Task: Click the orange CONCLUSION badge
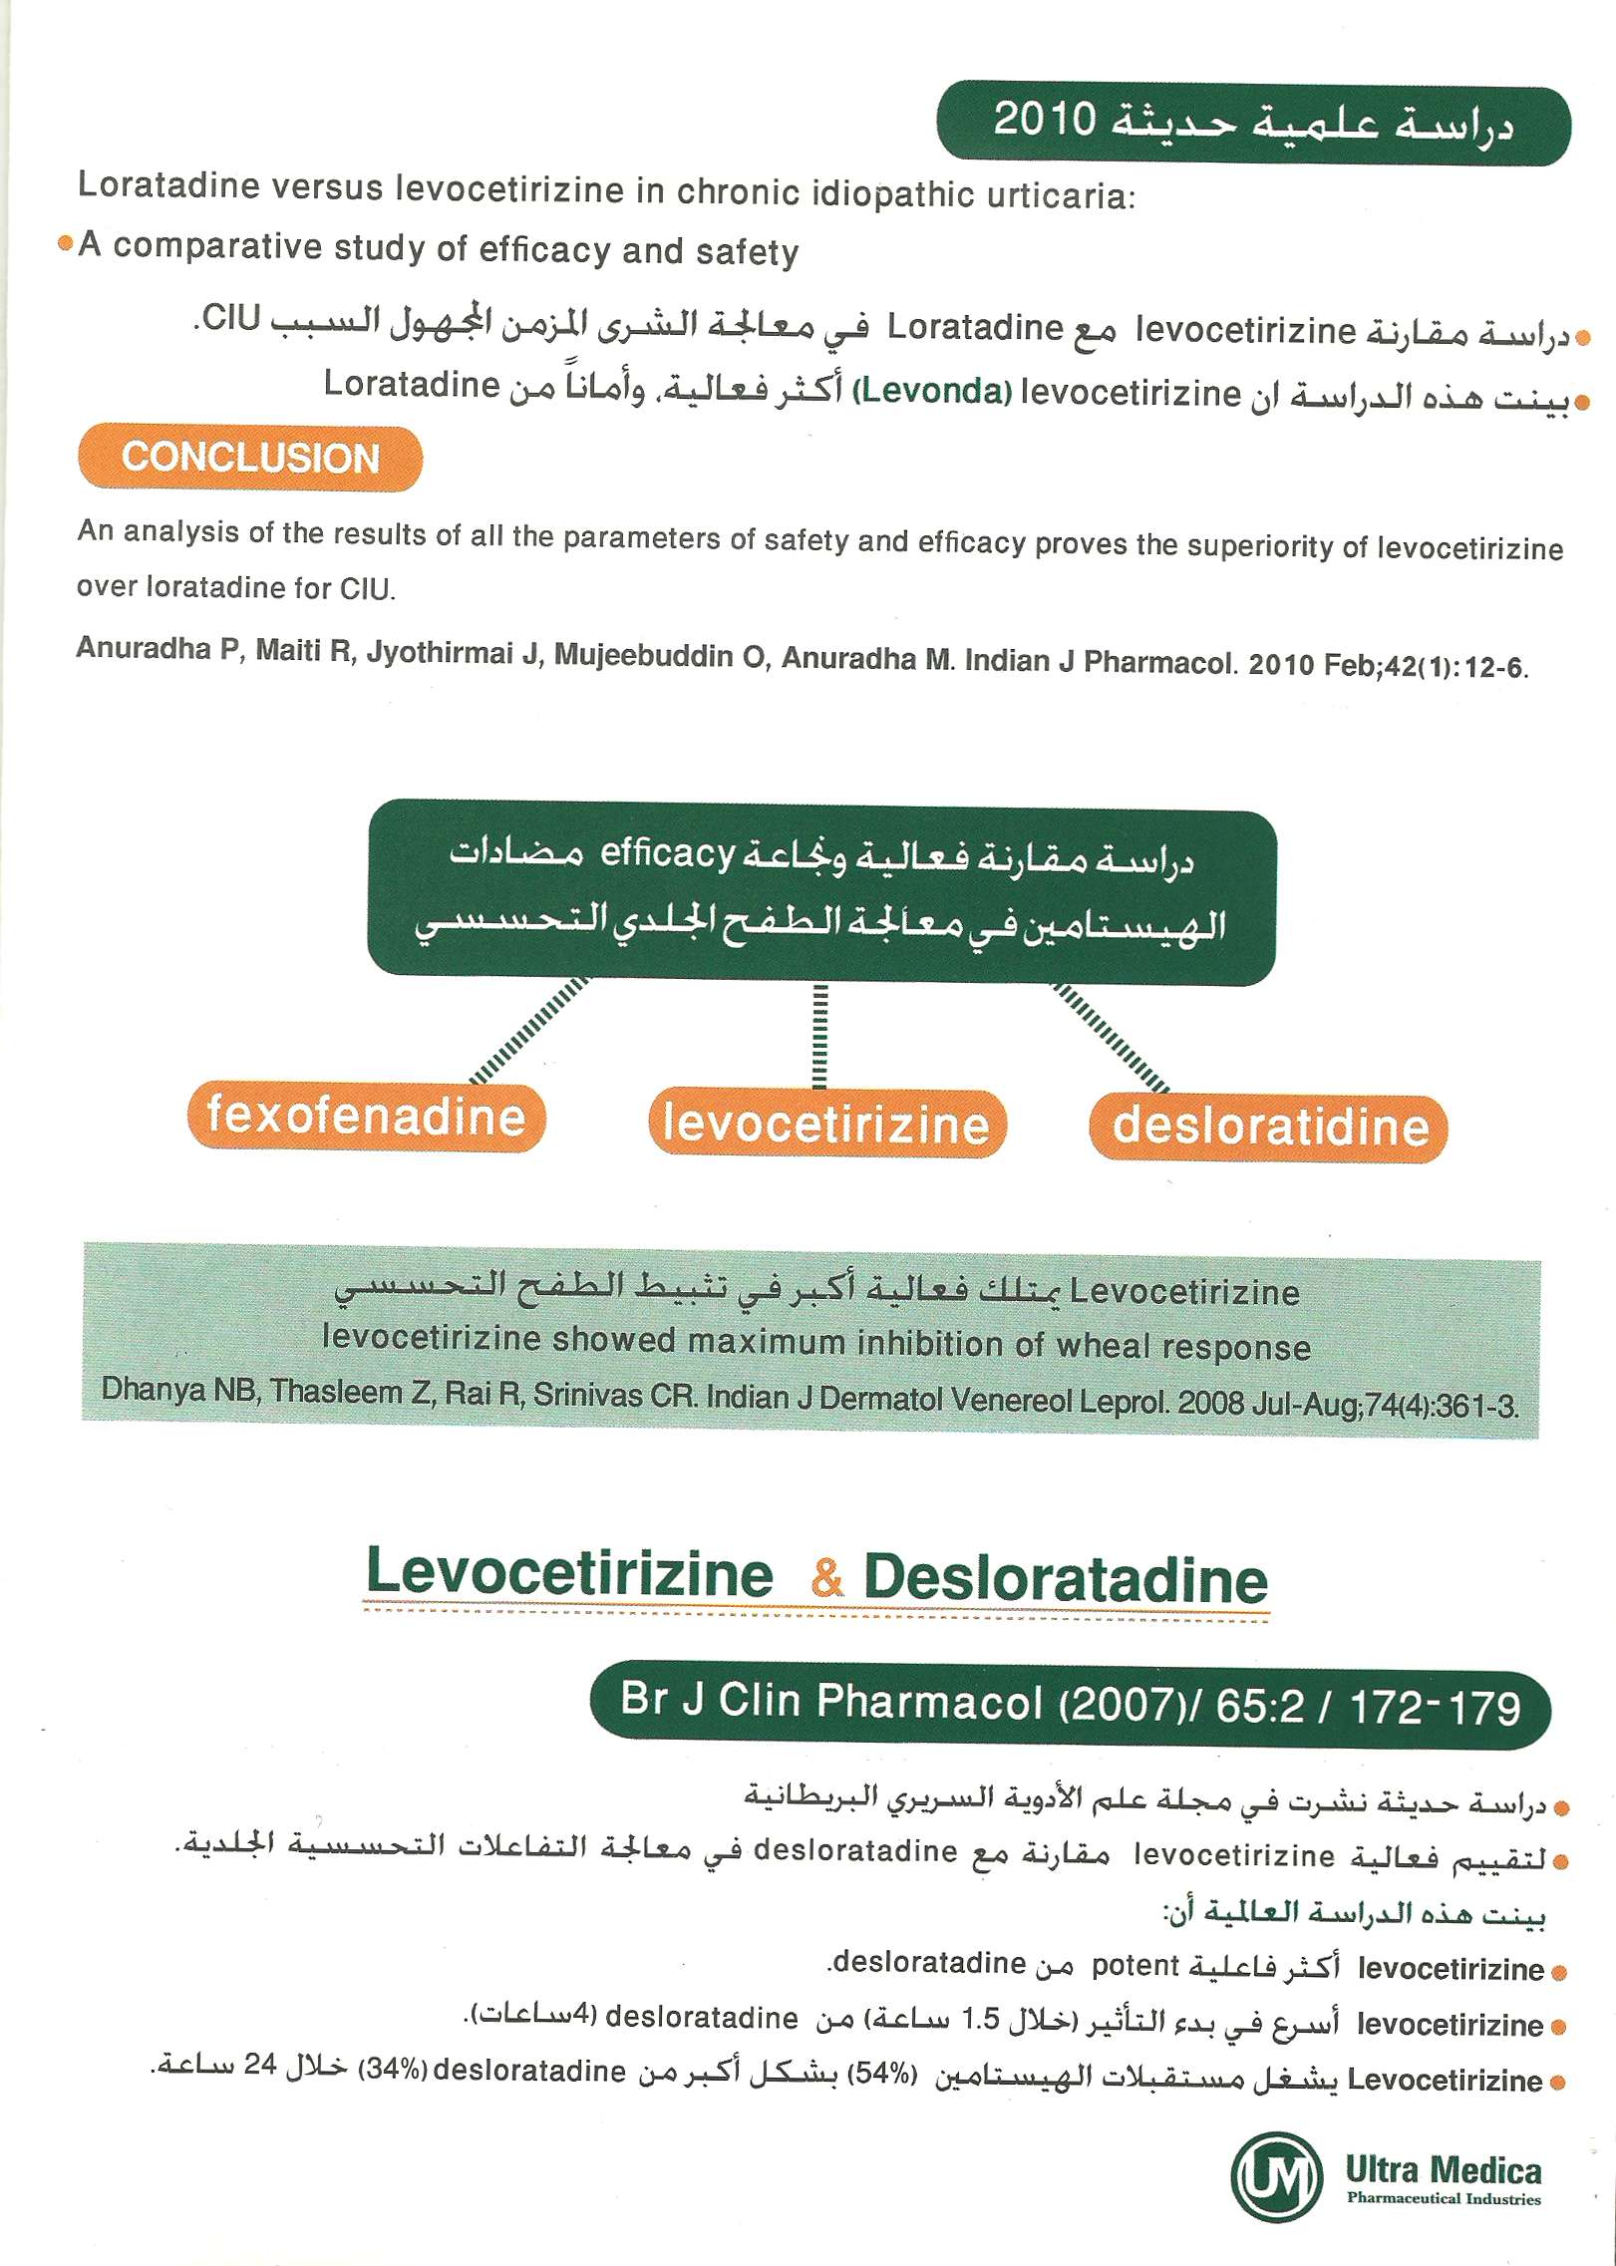pyautogui.click(x=249, y=458)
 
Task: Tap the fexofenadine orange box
pyautogui.click(x=366, y=1116)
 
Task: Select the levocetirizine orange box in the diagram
pyautogui.click(x=826, y=1124)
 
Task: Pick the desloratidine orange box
pyautogui.click(x=1268, y=1128)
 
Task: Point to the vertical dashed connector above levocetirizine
pyautogui.click(x=819, y=1035)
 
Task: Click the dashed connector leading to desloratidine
pyautogui.click(x=1111, y=1037)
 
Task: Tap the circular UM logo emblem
pyautogui.click(x=1276, y=2178)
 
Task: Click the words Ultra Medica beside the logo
pyautogui.click(x=1443, y=2170)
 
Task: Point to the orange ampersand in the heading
pyautogui.click(x=826, y=1576)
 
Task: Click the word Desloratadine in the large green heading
pyautogui.click(x=1065, y=1579)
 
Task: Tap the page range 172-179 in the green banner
pyautogui.click(x=1435, y=1707)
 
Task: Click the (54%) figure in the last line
pyautogui.click(x=880, y=2074)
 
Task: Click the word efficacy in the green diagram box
pyautogui.click(x=667, y=853)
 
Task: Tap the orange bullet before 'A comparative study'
pyautogui.click(x=66, y=242)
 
